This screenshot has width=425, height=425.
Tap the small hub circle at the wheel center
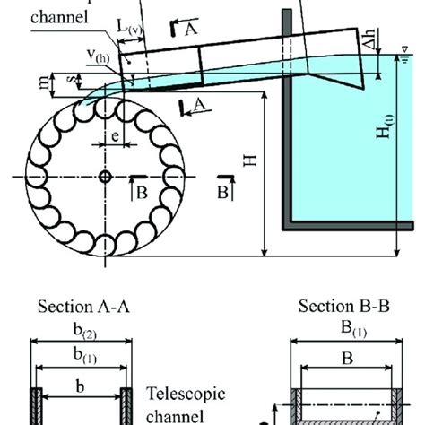click(x=106, y=177)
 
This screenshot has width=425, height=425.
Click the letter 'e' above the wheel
click(x=117, y=136)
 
